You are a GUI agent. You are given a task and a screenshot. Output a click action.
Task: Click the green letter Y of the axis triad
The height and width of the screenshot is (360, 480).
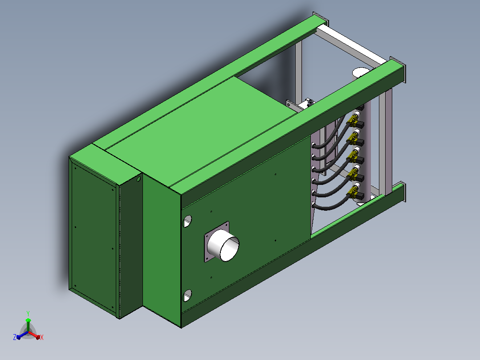pyautogui.click(x=28, y=313)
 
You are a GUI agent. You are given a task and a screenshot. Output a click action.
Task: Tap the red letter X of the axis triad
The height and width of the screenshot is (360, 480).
pyautogui.click(x=42, y=337)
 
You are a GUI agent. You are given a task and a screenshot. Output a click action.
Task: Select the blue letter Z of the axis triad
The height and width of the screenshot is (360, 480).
pyautogui.click(x=14, y=337)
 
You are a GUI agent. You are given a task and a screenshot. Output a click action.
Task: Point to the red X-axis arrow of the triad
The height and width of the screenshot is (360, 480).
pyautogui.click(x=34, y=335)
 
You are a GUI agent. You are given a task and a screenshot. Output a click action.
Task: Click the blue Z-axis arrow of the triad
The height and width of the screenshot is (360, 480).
pyautogui.click(x=22, y=335)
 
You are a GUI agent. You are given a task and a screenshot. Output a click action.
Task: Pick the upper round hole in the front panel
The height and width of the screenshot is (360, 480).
pyautogui.click(x=187, y=221)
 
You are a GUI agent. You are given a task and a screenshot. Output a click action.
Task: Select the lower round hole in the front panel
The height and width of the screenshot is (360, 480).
pyautogui.click(x=187, y=295)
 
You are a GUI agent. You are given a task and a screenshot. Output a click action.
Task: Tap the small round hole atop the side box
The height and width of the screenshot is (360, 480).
pyautogui.click(x=138, y=179)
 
